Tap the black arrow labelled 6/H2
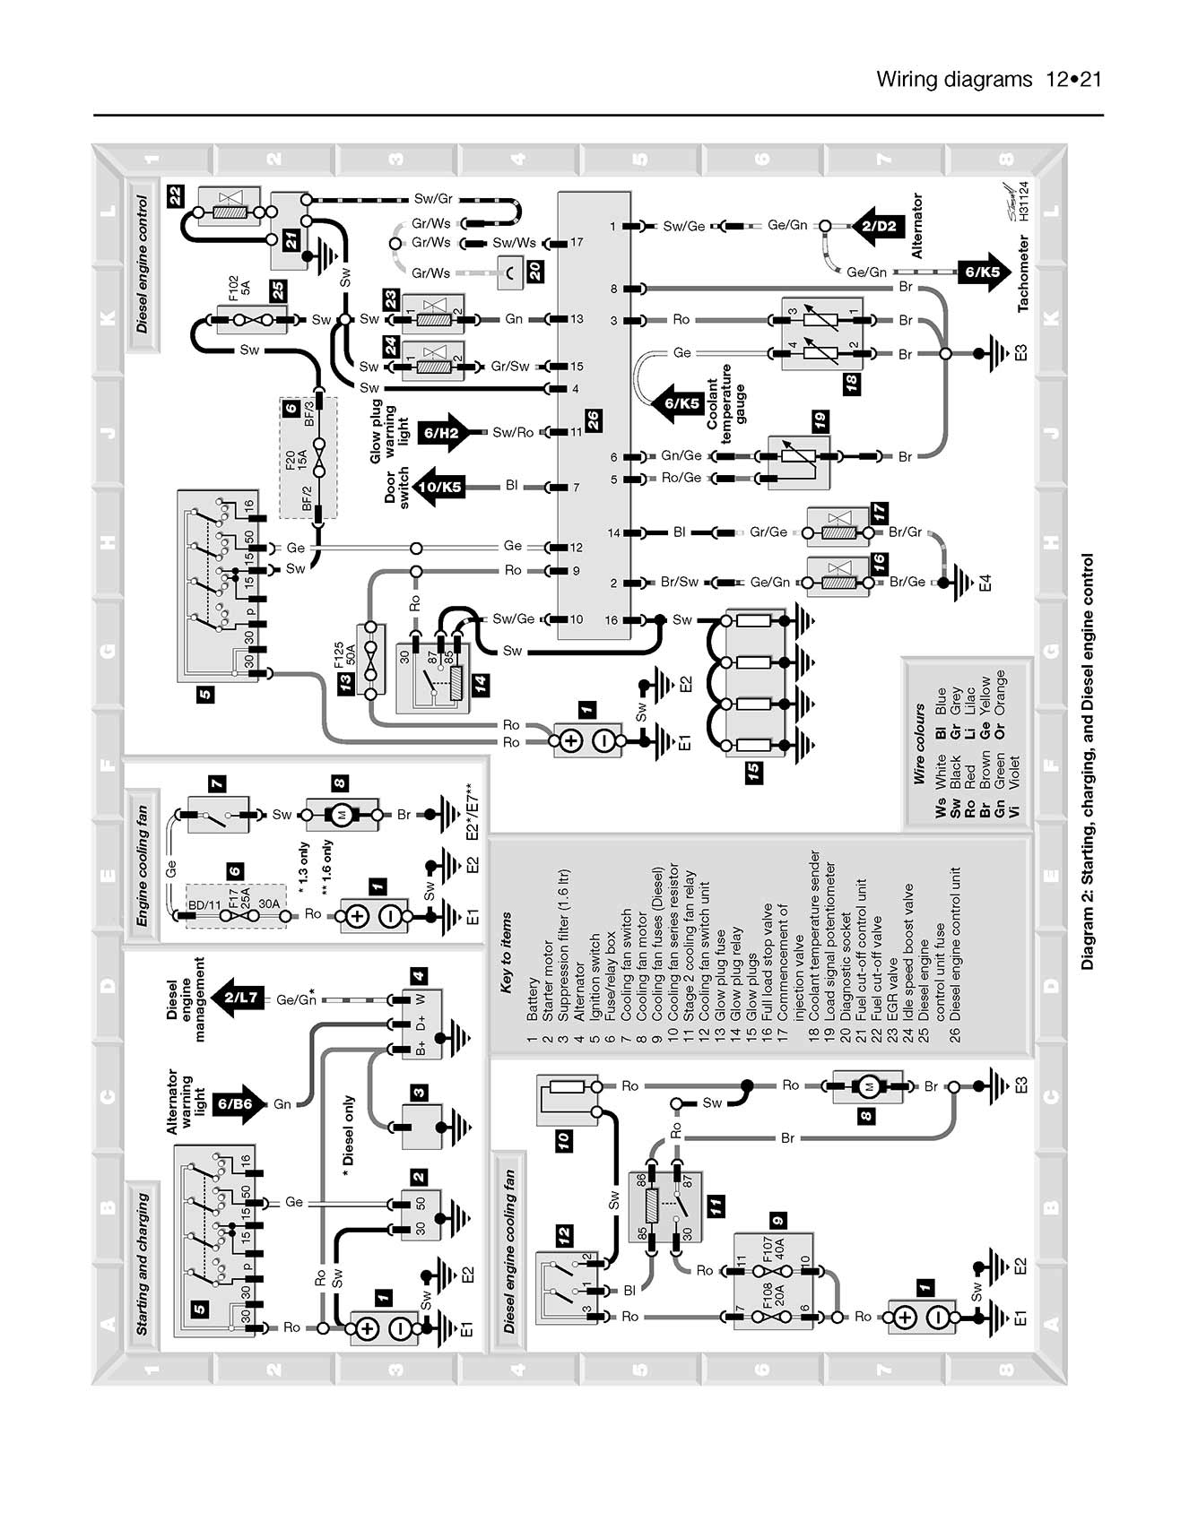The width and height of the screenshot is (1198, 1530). [442, 433]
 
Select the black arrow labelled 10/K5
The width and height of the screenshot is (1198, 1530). [440, 487]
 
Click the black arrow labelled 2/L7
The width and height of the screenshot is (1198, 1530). [240, 998]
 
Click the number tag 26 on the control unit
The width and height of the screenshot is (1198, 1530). [593, 420]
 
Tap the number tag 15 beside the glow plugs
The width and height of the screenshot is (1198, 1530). [754, 770]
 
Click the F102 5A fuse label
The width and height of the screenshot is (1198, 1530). [239, 290]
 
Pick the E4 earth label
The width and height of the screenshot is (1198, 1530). [985, 583]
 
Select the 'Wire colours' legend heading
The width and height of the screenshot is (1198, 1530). [919, 745]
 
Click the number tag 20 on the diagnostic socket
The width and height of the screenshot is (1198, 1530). [534, 271]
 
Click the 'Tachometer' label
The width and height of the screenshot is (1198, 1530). [1023, 273]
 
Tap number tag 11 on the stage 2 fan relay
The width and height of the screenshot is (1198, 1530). [716, 1206]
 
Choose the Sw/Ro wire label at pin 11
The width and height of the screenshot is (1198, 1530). [513, 433]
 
